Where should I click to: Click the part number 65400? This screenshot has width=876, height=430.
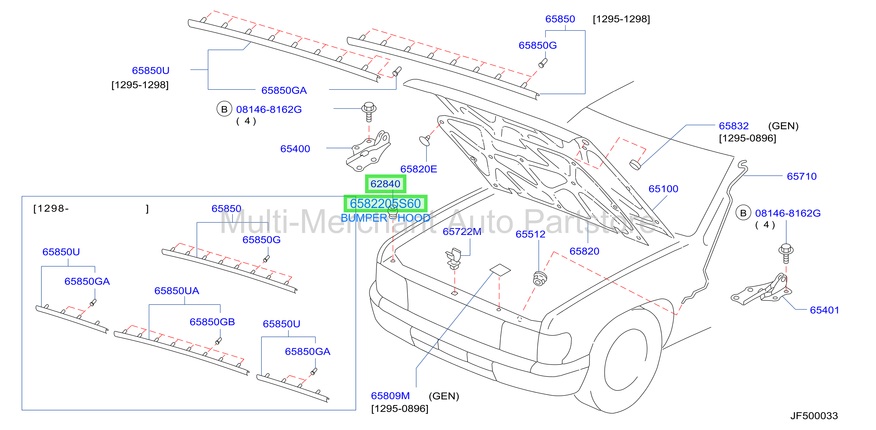click(295, 149)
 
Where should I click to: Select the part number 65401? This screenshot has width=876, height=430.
click(824, 310)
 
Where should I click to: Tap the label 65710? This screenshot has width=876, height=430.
click(802, 176)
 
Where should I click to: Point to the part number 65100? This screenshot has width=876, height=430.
click(663, 189)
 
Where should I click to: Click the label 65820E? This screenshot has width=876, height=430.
click(418, 169)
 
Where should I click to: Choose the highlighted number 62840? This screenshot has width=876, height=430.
click(385, 184)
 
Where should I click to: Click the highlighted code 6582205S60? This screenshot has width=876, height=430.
click(385, 204)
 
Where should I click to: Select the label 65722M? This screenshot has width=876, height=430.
click(462, 232)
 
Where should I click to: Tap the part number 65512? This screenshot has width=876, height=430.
click(530, 234)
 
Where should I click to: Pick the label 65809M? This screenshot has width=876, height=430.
click(390, 396)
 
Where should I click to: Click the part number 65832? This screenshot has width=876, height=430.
click(734, 126)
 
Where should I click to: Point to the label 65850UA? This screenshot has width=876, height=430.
click(177, 291)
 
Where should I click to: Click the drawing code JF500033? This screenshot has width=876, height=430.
click(814, 416)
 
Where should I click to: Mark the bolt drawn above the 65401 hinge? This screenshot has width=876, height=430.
click(786, 253)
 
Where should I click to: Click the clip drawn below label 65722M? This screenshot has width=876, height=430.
click(454, 259)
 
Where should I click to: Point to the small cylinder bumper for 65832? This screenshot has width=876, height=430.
click(635, 165)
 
